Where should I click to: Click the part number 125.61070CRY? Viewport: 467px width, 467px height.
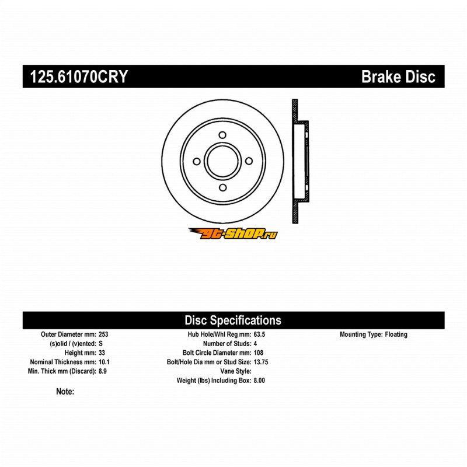[75, 76]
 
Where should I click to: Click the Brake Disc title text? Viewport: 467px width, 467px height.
[399, 76]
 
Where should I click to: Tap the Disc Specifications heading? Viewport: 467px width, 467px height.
[233, 320]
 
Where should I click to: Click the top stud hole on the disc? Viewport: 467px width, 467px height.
[222, 135]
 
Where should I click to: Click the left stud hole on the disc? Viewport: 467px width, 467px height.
[196, 162]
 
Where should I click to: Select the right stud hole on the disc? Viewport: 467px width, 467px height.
[249, 161]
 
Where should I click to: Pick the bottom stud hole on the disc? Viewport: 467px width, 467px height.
[222, 188]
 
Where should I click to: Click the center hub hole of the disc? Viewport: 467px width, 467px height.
[222, 162]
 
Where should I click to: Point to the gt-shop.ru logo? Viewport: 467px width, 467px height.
[233, 233]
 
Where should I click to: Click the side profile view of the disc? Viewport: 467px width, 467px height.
[299, 162]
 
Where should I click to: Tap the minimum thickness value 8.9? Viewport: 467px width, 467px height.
[103, 371]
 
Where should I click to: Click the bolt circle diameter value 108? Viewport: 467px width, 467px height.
[259, 353]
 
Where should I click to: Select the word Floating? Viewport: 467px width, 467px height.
[396, 335]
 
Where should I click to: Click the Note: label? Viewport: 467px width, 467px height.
[65, 392]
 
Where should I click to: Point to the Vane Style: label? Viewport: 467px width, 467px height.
[235, 371]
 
